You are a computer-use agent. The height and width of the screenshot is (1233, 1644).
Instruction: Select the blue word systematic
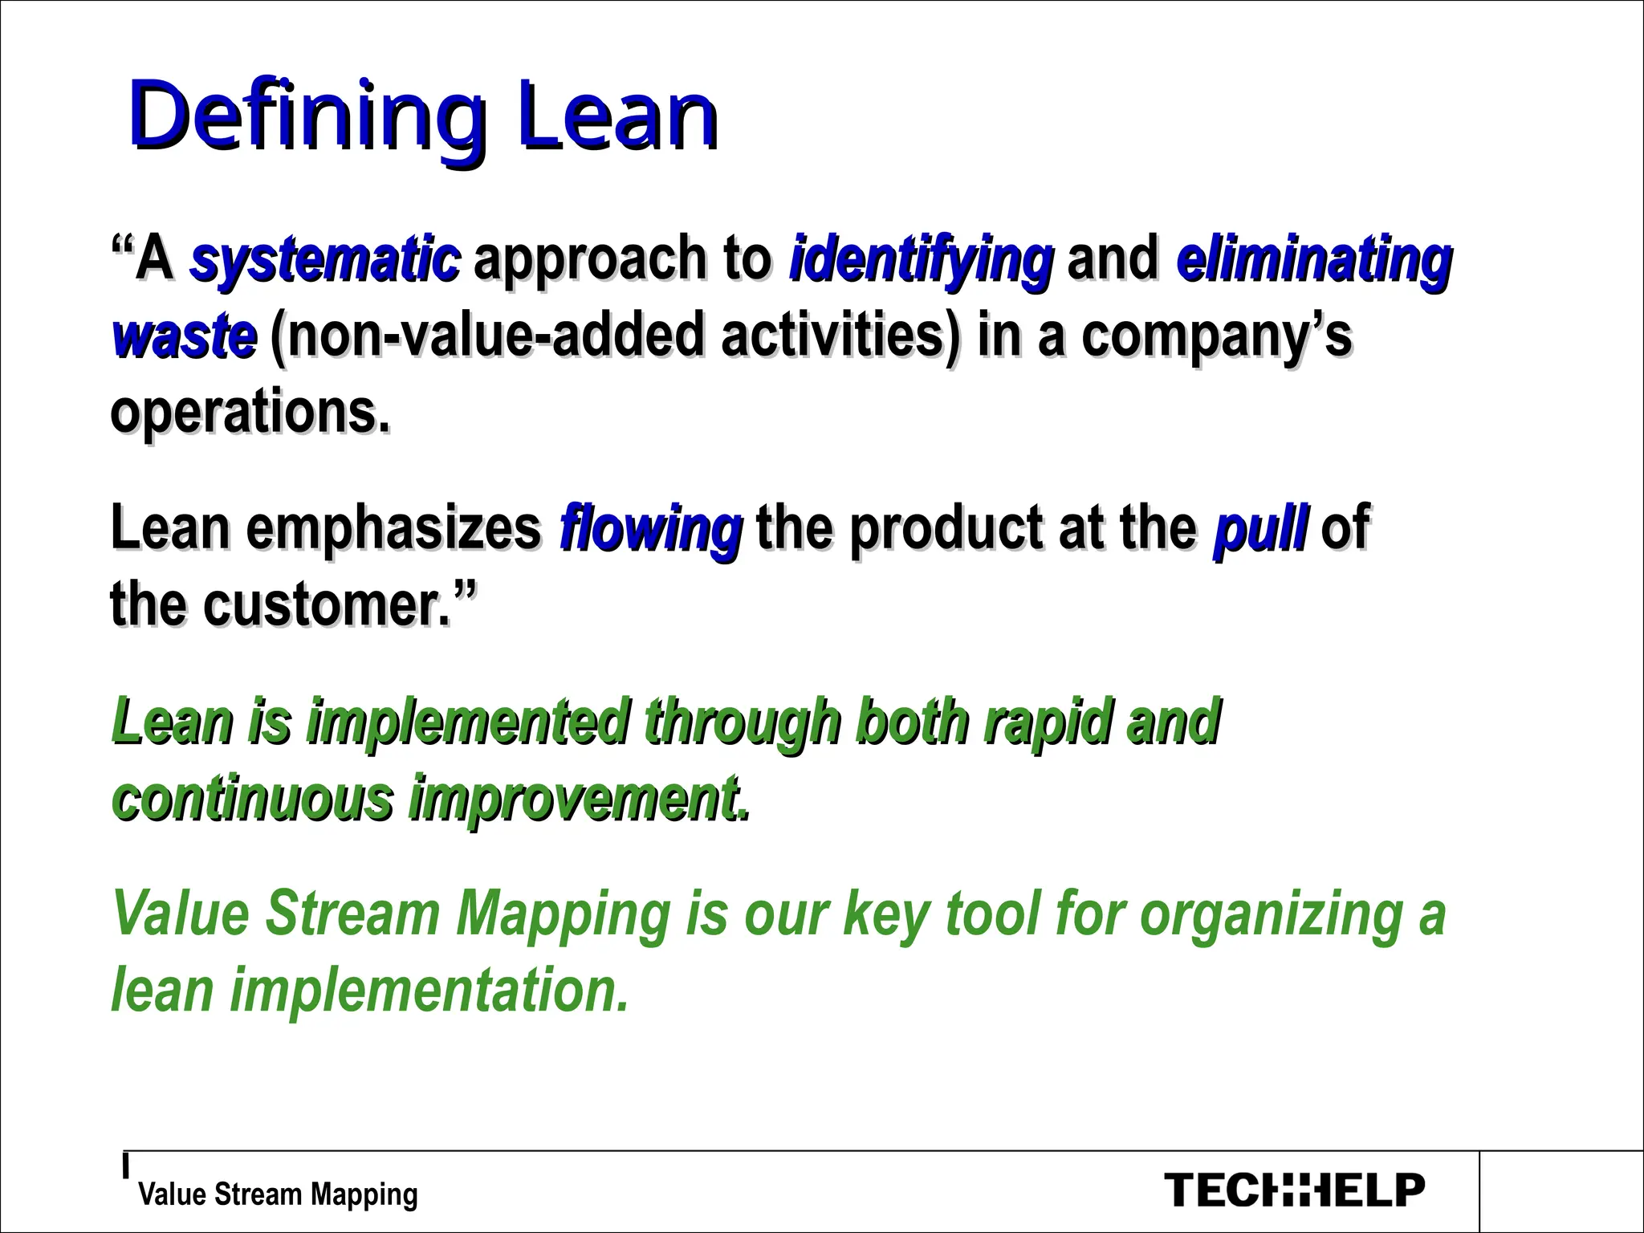pyautogui.click(x=325, y=258)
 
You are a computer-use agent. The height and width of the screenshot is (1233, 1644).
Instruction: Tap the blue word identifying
pyautogui.click(x=921, y=258)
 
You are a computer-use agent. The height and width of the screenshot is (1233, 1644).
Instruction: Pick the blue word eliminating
pyautogui.click(x=1314, y=258)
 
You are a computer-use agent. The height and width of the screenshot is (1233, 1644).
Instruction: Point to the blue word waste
pyautogui.click(x=185, y=336)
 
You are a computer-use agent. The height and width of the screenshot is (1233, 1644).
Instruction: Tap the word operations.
pyautogui.click(x=250, y=412)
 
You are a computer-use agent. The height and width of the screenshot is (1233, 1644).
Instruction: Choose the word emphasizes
pyautogui.click(x=394, y=527)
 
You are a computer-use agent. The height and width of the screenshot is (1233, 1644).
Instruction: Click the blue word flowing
pyautogui.click(x=650, y=527)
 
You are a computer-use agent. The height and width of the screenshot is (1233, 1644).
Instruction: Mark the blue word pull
pyautogui.click(x=1261, y=527)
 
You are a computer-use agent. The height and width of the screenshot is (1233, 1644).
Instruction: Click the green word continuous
pyautogui.click(x=253, y=798)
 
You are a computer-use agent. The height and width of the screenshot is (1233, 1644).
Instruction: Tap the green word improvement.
pyautogui.click(x=580, y=798)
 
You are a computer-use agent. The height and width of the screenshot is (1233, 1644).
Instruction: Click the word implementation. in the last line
pyautogui.click(x=429, y=990)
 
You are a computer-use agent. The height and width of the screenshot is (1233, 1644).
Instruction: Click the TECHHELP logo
pyautogui.click(x=1294, y=1190)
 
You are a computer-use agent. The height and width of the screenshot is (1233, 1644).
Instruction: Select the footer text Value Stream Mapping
pyautogui.click(x=278, y=1194)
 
